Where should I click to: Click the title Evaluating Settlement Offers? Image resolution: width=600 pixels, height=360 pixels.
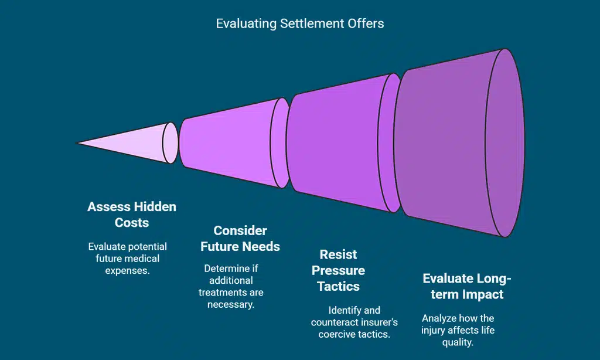click(x=299, y=23)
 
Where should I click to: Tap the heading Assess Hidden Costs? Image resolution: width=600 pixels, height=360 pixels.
click(x=132, y=215)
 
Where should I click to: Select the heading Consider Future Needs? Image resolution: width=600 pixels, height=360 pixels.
click(x=240, y=238)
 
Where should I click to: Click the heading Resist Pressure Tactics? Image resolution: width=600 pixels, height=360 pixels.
click(x=338, y=270)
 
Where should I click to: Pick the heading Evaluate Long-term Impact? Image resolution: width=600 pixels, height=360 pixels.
click(x=466, y=286)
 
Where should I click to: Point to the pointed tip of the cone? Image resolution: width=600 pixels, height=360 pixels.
click(x=79, y=142)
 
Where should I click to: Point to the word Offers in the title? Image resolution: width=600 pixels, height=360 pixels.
click(x=367, y=23)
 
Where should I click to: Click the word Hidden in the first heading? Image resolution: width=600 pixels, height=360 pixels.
click(x=154, y=207)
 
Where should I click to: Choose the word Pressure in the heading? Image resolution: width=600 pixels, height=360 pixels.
click(x=338, y=270)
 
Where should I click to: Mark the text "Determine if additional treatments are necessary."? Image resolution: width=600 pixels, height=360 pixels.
click(x=231, y=287)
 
